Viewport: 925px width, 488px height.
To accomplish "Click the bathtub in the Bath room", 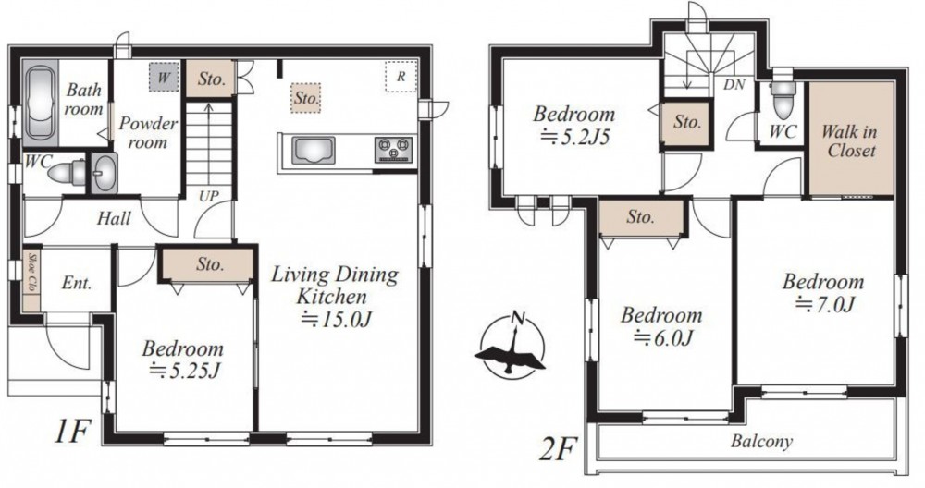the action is (x=41, y=103).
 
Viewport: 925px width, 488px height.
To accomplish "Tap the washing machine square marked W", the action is (x=164, y=78).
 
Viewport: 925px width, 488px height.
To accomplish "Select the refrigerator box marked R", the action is (x=401, y=77).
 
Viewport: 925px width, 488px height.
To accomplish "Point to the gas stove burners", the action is (x=393, y=149).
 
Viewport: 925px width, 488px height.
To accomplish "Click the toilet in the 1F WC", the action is (x=67, y=173).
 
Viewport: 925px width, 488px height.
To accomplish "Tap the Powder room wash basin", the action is (x=105, y=173).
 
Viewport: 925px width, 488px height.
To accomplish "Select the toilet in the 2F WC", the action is (x=783, y=99).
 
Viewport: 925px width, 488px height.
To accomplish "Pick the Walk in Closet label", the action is (x=850, y=140).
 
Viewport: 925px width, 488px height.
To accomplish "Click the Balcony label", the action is (x=761, y=442).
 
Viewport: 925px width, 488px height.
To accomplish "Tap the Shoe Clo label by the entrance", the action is (x=31, y=275).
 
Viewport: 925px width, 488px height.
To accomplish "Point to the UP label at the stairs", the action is (x=208, y=196).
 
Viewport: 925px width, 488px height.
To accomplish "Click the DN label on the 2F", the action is (x=734, y=84).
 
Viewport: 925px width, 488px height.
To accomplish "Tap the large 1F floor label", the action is (x=71, y=433).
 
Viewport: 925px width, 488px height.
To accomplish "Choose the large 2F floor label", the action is (x=557, y=450).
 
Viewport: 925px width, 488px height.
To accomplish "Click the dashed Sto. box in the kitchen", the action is (x=306, y=97).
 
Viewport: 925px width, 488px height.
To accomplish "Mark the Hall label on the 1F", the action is (x=114, y=219).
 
